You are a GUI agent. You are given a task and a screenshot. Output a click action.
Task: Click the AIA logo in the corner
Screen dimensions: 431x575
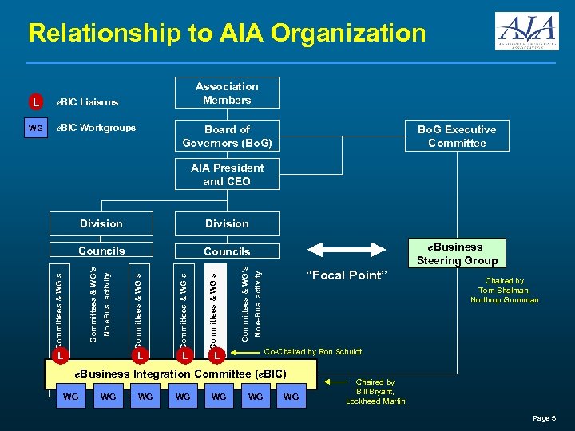point(526,31)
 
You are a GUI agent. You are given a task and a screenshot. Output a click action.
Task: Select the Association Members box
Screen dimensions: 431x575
point(227,93)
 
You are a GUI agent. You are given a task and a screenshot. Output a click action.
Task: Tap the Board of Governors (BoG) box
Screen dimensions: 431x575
point(227,136)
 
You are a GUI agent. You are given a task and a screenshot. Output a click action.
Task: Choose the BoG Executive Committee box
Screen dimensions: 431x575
point(457,136)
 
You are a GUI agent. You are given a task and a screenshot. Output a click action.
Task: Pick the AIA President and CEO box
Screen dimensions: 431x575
point(227,175)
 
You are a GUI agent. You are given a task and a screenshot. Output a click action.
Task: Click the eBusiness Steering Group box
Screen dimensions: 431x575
point(457,254)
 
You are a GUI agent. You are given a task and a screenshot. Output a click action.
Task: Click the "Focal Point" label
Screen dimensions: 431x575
point(346,275)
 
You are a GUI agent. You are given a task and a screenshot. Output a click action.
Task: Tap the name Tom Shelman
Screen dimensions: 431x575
point(504,291)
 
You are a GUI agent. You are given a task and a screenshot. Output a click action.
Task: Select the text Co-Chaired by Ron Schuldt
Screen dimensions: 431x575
point(313,352)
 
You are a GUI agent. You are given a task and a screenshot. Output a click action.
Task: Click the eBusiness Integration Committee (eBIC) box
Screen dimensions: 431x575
point(180,374)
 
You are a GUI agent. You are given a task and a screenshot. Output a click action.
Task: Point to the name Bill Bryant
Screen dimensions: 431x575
point(375,392)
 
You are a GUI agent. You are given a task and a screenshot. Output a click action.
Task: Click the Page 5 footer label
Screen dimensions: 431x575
point(544,418)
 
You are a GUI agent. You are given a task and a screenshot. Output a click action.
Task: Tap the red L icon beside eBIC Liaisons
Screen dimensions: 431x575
point(35,102)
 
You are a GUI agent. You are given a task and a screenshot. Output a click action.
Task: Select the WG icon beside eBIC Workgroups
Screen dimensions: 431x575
point(35,128)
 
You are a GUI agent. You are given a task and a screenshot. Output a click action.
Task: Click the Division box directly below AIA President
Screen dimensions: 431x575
point(227,223)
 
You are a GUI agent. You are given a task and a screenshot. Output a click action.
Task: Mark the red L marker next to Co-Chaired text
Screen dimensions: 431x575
point(216,354)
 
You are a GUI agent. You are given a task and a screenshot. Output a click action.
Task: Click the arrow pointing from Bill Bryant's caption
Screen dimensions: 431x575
point(335,382)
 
